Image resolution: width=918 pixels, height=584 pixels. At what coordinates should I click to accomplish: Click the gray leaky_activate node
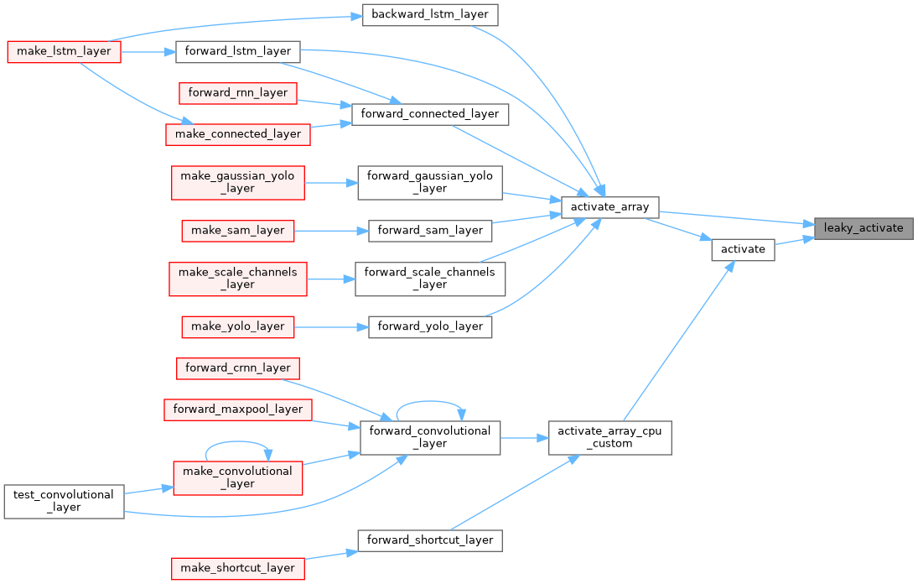click(x=864, y=227)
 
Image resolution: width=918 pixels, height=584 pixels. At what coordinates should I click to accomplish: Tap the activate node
click(x=743, y=249)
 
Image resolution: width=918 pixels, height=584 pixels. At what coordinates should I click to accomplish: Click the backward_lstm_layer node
click(x=430, y=15)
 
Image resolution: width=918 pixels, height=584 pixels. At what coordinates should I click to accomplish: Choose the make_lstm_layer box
click(x=65, y=51)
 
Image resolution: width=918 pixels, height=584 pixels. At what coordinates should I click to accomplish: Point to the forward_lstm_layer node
click(x=237, y=51)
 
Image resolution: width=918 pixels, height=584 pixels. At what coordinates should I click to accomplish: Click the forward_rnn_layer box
click(x=238, y=92)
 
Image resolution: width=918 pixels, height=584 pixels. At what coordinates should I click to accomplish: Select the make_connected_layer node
click(x=238, y=133)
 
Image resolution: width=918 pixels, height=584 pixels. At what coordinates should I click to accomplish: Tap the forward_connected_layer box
click(x=430, y=113)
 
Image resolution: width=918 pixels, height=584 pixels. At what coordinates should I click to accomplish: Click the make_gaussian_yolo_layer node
click(x=238, y=182)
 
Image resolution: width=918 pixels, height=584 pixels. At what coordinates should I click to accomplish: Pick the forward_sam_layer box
click(x=430, y=229)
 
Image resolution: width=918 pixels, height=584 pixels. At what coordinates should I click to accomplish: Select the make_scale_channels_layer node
click(x=238, y=278)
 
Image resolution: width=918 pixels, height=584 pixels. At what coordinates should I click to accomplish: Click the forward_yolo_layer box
click(x=430, y=326)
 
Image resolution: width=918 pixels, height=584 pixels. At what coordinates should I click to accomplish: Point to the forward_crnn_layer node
click(x=238, y=368)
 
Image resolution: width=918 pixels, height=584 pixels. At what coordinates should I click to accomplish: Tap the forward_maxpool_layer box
click(x=238, y=409)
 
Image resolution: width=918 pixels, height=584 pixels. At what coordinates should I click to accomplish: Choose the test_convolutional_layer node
click(x=64, y=501)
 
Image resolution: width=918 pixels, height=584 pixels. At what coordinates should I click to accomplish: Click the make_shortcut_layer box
click(x=238, y=568)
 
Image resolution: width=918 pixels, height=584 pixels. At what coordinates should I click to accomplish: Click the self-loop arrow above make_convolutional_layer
click(x=238, y=442)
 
